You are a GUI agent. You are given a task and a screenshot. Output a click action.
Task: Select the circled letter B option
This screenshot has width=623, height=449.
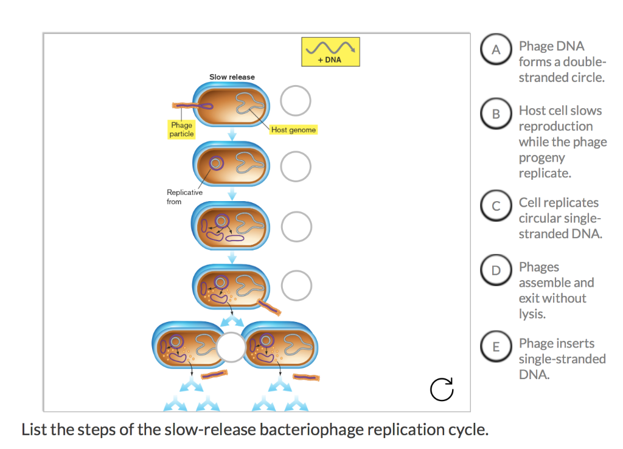coord(496,114)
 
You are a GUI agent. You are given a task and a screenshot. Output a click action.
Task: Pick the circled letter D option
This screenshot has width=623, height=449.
coord(496,270)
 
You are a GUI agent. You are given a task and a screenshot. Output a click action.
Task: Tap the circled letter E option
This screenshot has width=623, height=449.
coord(496,347)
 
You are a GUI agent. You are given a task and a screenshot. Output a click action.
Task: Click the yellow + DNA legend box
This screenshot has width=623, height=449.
coord(330,52)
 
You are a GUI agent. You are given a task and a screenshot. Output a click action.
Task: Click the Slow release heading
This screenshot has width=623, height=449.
coord(232,77)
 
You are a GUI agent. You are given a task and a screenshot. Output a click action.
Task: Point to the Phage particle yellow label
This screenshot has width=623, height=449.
coord(181,129)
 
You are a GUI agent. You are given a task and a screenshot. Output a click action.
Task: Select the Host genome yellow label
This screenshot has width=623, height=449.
coord(293,130)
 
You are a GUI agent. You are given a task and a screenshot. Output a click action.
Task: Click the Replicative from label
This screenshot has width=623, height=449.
coord(184,197)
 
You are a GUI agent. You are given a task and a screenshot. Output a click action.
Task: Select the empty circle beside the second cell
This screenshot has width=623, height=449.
coord(296,165)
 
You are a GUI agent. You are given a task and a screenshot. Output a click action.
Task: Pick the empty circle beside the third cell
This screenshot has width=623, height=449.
coord(296,226)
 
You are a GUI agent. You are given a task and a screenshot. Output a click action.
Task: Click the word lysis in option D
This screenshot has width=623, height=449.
coord(532,314)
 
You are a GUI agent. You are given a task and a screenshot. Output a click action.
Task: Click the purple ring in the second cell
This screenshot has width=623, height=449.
coord(215,163)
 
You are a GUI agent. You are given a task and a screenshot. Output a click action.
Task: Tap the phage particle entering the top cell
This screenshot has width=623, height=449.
coord(193,106)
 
